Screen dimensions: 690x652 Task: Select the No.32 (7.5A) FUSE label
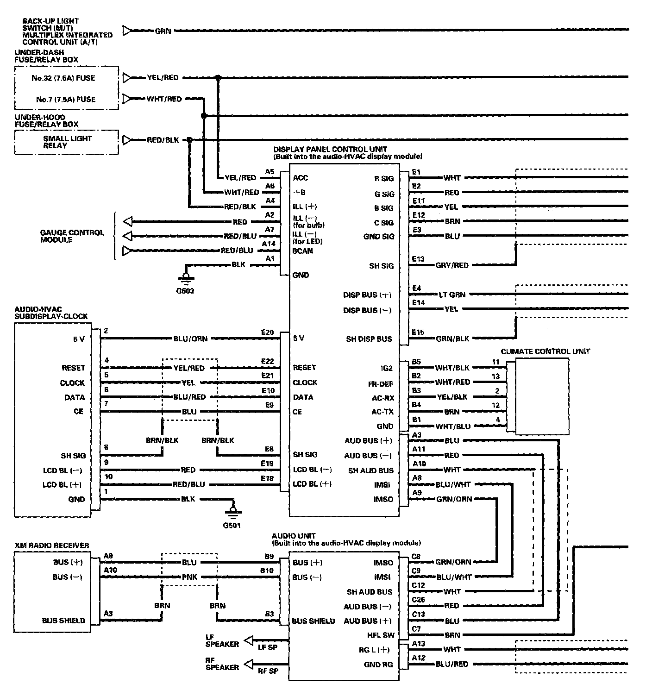(x=63, y=78)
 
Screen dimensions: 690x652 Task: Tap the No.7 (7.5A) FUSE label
(x=66, y=99)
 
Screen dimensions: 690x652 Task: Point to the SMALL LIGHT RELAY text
(x=68, y=142)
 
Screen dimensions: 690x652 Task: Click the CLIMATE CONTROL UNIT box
(x=542, y=396)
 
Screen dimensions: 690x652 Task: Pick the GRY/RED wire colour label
(x=452, y=265)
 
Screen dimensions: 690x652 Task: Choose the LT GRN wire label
(x=452, y=294)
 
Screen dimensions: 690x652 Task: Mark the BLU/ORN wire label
(x=190, y=339)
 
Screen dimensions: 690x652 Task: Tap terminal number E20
(x=267, y=332)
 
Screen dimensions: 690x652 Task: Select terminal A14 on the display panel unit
(x=269, y=244)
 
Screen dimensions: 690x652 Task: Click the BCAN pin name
(x=303, y=251)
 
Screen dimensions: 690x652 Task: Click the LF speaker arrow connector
(x=249, y=640)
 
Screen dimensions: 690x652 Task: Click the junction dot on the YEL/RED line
(x=218, y=78)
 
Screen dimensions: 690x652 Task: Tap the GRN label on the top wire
(x=163, y=31)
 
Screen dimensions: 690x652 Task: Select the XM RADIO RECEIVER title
(x=52, y=546)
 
